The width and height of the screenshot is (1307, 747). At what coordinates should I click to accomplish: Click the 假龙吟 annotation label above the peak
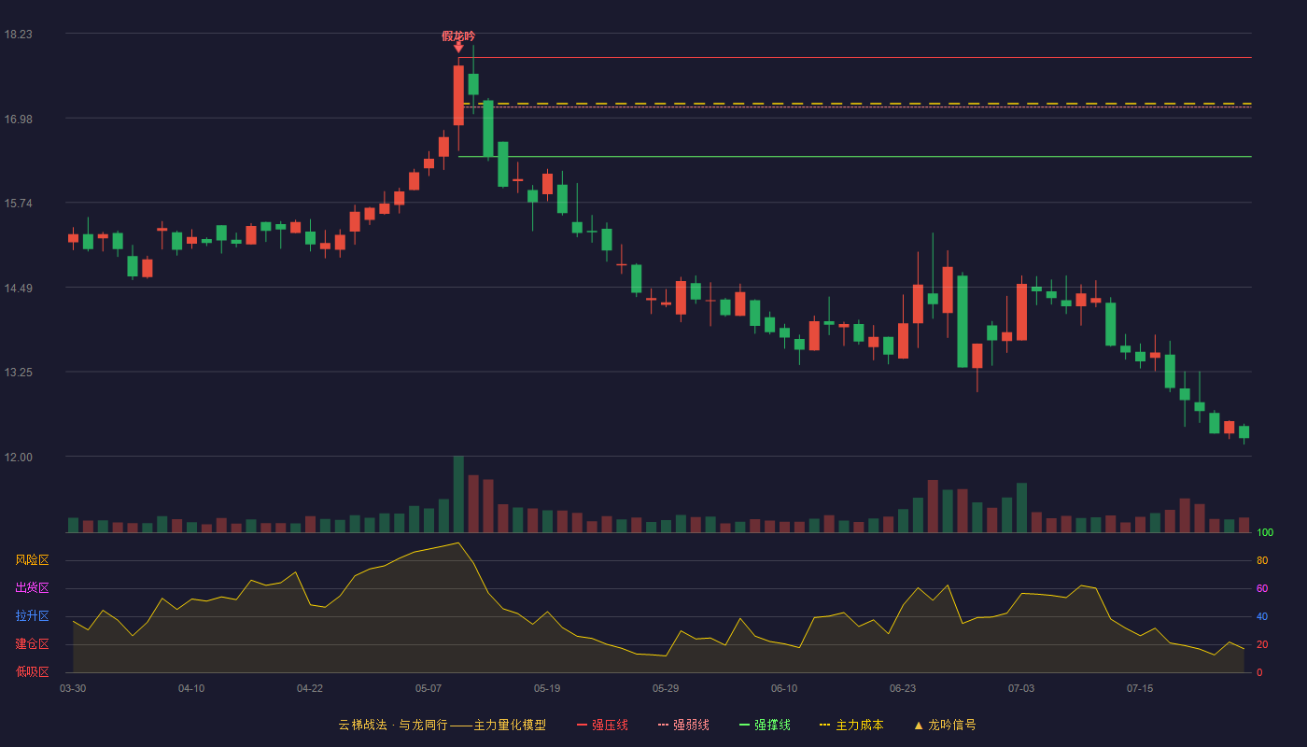tap(458, 36)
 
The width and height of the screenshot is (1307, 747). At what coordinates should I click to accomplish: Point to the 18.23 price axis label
tap(18, 35)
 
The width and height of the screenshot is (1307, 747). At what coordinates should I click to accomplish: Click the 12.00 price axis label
tap(18, 457)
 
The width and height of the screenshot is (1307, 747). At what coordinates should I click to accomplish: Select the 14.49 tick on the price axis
tap(18, 289)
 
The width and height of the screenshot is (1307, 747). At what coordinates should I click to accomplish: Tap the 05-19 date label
tap(547, 689)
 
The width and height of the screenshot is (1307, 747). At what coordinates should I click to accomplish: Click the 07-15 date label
tap(1140, 689)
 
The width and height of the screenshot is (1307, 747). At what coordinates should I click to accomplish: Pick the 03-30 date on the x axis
tap(73, 689)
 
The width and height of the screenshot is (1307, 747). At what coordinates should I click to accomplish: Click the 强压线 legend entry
tap(602, 725)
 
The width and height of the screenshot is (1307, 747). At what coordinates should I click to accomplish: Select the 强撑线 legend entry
tap(765, 725)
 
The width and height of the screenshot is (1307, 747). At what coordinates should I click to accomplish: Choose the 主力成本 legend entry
tap(851, 725)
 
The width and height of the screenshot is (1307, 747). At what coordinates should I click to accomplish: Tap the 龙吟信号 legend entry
tap(945, 725)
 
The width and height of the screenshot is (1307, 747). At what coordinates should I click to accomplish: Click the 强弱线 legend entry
tap(683, 725)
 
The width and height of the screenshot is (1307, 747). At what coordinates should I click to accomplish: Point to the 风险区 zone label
tap(32, 560)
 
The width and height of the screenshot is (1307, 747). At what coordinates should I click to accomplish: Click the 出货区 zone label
tap(32, 587)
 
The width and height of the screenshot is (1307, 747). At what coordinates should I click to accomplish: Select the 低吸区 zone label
tap(32, 671)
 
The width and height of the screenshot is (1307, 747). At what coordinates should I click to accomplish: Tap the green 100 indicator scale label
tap(1265, 532)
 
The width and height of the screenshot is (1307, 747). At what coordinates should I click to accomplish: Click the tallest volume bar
tap(458, 494)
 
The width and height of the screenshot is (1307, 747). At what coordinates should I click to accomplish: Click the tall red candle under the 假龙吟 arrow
tap(458, 95)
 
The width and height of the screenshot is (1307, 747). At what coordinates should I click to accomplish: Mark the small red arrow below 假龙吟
tap(458, 48)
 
